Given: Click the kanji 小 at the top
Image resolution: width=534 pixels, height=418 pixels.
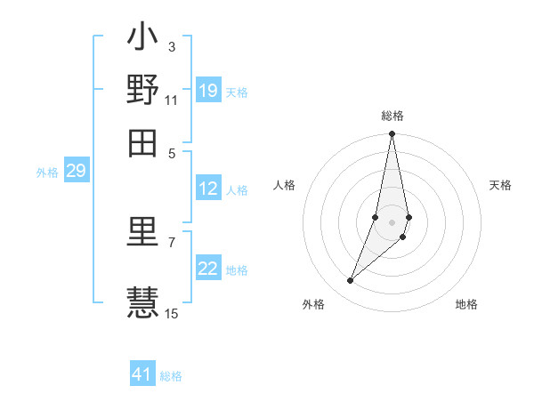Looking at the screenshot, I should [x=142, y=41].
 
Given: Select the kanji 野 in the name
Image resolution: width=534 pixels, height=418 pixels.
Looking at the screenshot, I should [x=142, y=90].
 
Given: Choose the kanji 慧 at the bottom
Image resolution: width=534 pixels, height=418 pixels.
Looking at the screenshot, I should [x=142, y=301].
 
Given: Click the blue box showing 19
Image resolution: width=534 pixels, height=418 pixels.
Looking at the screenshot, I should [x=208, y=90].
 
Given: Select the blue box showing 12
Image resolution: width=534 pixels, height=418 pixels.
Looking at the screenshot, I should [x=208, y=189].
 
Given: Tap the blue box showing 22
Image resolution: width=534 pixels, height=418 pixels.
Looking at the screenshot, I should [x=208, y=269].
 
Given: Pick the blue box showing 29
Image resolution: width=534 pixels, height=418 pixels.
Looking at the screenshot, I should [x=76, y=172].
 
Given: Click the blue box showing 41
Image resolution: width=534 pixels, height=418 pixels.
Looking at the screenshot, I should [x=142, y=374].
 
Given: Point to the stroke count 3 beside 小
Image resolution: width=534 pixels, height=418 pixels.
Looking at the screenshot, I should [x=171, y=46].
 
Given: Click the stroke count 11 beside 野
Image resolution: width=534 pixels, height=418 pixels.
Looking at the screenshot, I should [x=171, y=100].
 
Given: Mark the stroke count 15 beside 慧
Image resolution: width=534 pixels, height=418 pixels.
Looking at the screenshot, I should [x=172, y=313].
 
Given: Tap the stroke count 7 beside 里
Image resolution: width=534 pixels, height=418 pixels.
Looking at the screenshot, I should [x=171, y=242].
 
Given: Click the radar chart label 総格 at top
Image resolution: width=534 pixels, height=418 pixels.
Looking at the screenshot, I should [x=392, y=116].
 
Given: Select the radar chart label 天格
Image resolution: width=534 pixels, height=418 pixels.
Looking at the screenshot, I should [x=500, y=185].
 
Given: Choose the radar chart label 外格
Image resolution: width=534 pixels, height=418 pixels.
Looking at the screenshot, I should [x=313, y=304].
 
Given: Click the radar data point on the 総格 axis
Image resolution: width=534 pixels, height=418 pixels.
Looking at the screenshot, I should [x=392, y=134].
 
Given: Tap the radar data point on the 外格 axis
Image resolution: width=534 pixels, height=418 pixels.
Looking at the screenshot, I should [x=351, y=281].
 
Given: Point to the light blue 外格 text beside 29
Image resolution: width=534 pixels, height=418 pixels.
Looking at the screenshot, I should [x=46, y=173].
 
